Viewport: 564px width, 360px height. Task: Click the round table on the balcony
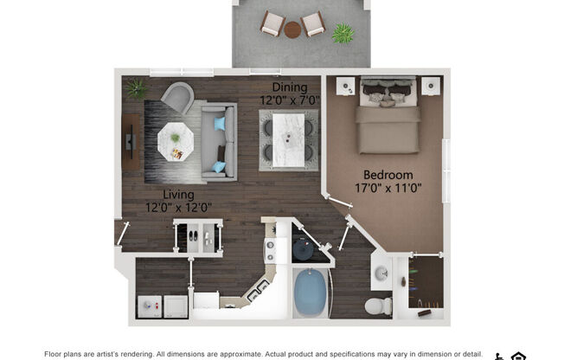point(292,29)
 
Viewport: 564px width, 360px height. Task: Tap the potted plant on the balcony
point(343,34)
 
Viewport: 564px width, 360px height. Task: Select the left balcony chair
point(272,23)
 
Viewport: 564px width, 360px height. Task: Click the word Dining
point(290,87)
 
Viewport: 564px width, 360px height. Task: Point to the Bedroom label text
point(388,175)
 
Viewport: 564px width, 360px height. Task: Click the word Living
point(178,195)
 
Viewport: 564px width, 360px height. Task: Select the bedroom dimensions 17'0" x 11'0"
point(388,187)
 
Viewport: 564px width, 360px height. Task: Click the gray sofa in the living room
point(218,142)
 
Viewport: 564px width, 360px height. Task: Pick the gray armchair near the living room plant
point(176,97)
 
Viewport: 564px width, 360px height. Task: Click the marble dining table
point(288,138)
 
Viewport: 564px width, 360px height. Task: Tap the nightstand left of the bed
point(345,86)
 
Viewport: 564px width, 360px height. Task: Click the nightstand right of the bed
point(430,86)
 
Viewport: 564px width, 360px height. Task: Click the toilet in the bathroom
point(376,305)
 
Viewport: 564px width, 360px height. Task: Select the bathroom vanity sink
point(381,274)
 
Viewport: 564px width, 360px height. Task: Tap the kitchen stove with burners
point(270,250)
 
